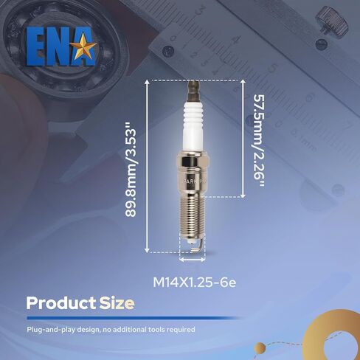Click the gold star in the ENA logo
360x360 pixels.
click(83, 46)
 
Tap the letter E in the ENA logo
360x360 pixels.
click(35, 46)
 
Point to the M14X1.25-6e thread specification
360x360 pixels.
click(194, 283)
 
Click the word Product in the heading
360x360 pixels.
click(61, 303)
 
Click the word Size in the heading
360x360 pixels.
click(117, 303)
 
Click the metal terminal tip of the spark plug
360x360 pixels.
click(193, 90)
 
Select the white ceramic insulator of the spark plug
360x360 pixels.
click(193, 128)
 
